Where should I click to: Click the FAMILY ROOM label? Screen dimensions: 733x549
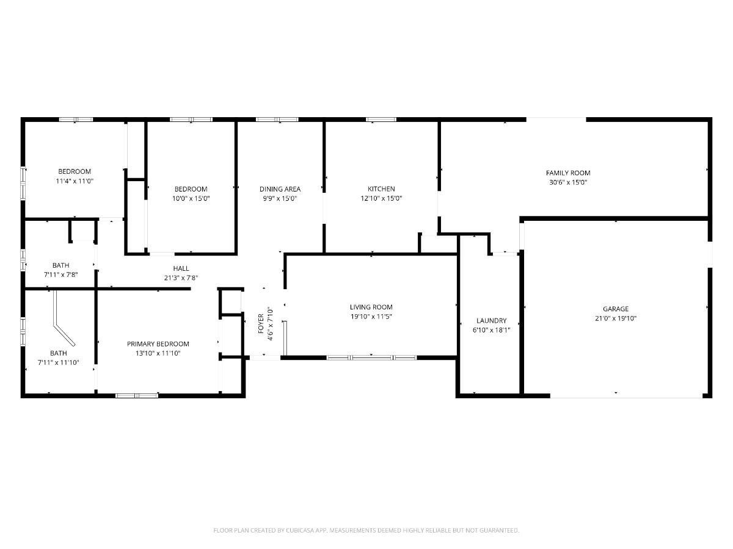[567, 173]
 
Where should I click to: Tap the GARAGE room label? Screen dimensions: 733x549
[616, 309]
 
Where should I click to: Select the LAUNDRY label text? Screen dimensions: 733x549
[491, 321]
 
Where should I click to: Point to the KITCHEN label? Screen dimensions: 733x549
[381, 189]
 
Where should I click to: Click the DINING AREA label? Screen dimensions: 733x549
[280, 189]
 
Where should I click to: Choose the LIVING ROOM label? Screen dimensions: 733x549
[371, 307]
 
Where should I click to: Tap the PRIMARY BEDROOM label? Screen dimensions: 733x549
[158, 343]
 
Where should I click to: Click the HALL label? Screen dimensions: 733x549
[181, 268]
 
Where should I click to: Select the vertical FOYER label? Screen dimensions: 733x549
[261, 323]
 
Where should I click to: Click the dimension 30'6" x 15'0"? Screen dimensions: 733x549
[568, 182]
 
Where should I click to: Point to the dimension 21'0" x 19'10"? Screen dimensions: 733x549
[616, 318]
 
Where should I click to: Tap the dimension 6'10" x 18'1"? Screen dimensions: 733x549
[491, 331]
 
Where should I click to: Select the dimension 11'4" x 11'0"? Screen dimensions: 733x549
[75, 181]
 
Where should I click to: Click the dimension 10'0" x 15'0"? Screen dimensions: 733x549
[191, 198]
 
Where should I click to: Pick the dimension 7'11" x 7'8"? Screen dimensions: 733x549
[60, 274]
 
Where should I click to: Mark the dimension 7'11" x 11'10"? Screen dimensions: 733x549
[59, 363]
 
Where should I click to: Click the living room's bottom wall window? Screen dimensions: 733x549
[371, 357]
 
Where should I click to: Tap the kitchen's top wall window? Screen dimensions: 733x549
[381, 120]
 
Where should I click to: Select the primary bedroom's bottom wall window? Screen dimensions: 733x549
[137, 396]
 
